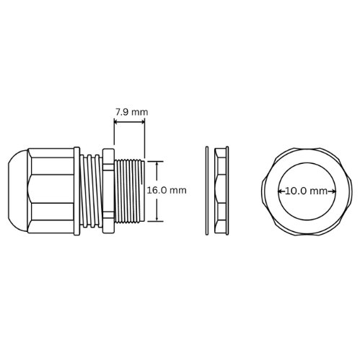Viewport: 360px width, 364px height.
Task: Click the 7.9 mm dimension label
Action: (x=131, y=112)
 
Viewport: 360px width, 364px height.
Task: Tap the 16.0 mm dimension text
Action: (x=167, y=191)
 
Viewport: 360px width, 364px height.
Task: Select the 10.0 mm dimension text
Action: (x=307, y=191)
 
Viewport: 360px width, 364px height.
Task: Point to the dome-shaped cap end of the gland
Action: (x=18, y=191)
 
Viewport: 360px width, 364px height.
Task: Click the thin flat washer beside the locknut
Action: (x=207, y=191)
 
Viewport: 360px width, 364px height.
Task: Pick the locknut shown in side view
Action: (x=221, y=191)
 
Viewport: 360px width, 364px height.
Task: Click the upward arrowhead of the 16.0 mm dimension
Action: (x=157, y=164)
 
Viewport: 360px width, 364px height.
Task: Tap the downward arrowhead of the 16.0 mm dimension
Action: (x=157, y=218)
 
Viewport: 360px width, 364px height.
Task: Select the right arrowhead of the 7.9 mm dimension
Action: (x=142, y=122)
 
